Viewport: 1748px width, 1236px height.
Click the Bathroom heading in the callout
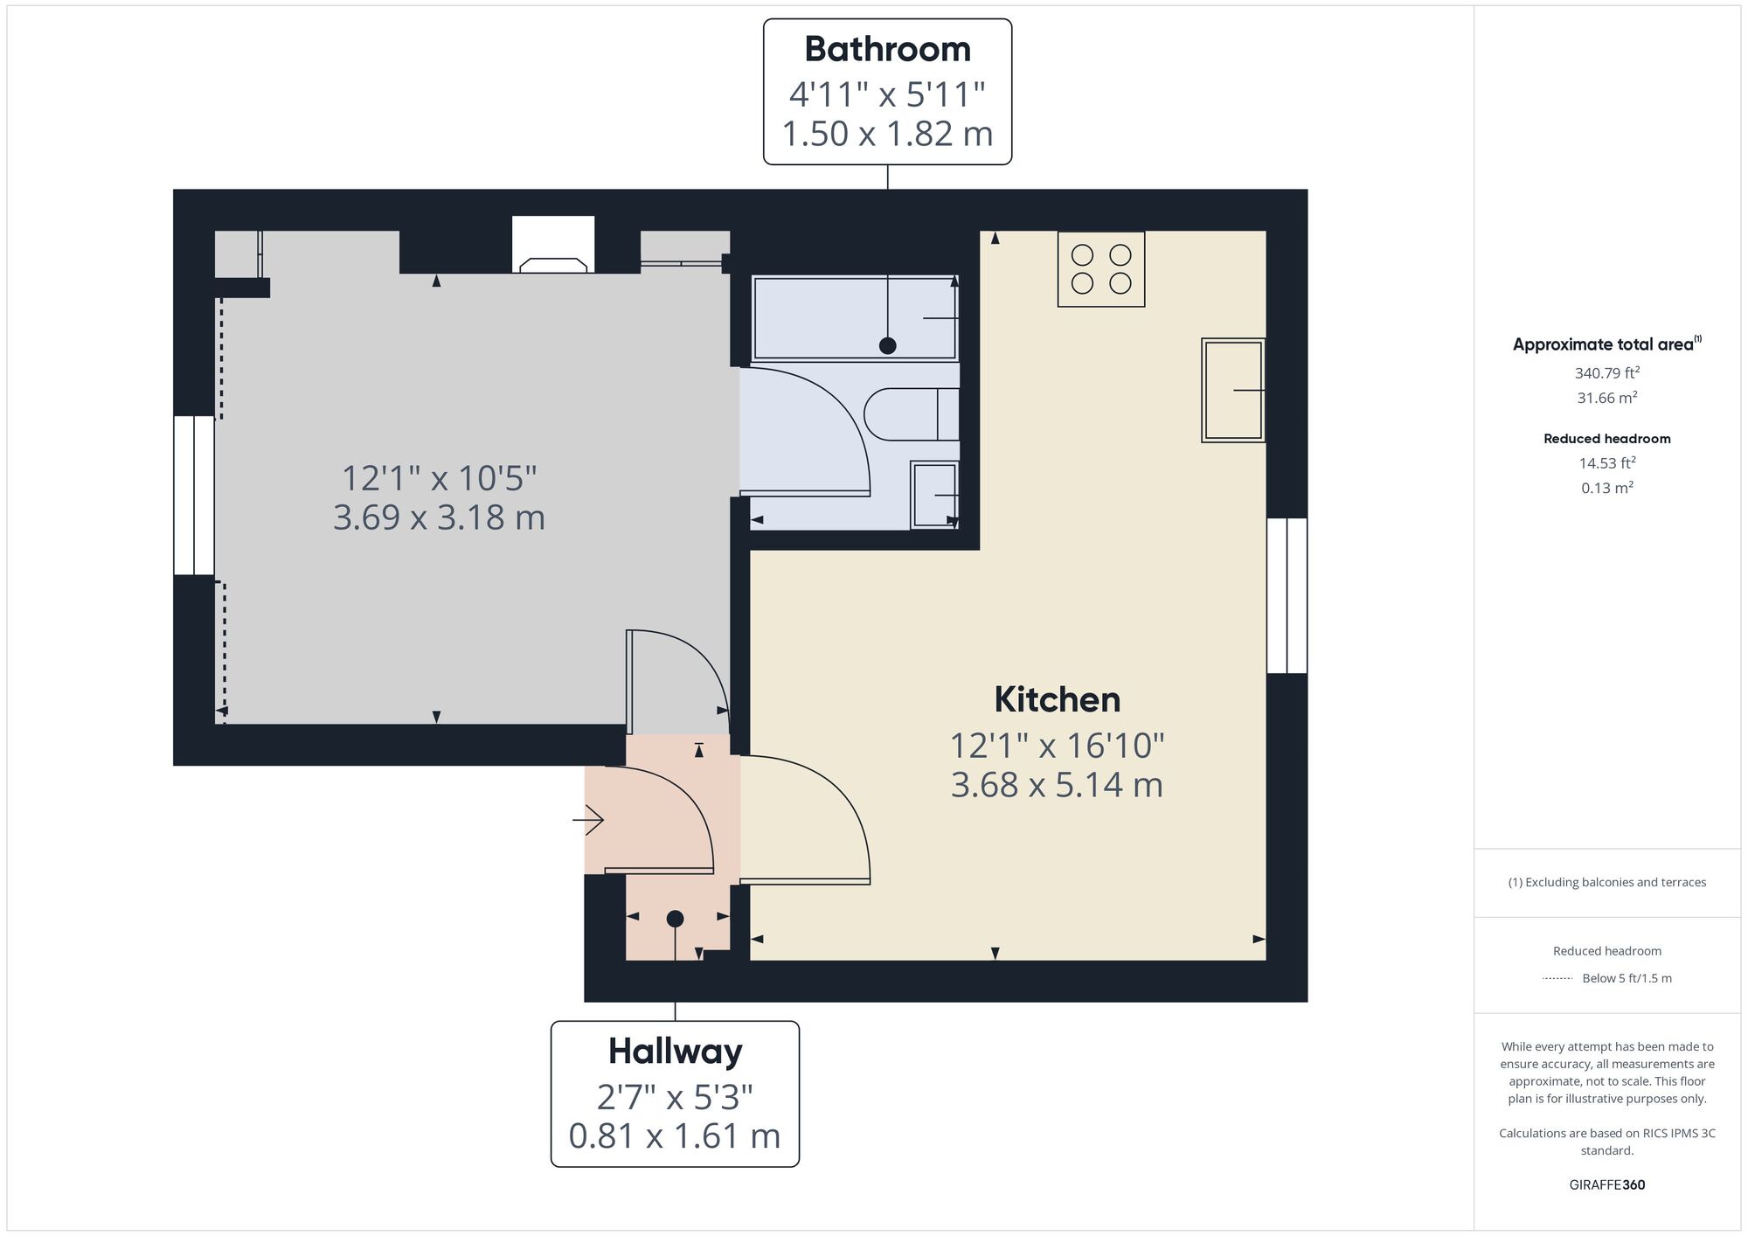click(887, 49)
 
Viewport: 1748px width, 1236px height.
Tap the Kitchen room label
click(1058, 700)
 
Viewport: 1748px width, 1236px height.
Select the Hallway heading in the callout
click(675, 1052)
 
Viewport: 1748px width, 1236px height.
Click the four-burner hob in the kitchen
click(1101, 268)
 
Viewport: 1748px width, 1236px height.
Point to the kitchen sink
click(1233, 390)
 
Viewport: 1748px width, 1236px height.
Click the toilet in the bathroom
click(912, 413)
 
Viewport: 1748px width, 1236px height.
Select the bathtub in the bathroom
click(855, 318)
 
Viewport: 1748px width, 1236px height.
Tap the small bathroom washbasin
click(934, 495)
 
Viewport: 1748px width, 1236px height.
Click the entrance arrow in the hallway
click(587, 820)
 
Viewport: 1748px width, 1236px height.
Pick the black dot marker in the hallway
click(675, 919)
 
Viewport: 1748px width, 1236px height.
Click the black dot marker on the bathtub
click(887, 345)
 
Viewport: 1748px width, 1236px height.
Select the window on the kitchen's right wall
click(1287, 595)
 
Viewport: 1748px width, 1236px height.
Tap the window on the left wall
click(194, 496)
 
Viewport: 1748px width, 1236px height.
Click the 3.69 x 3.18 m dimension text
click(439, 517)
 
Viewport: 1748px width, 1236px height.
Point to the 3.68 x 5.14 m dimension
click(1057, 785)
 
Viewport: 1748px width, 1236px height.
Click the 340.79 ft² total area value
click(1606, 373)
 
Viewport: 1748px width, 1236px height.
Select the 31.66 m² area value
click(1606, 398)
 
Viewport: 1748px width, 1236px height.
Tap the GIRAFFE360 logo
click(1606, 1185)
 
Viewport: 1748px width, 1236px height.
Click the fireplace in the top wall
click(553, 245)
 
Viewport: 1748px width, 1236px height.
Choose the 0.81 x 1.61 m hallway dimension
click(675, 1136)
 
